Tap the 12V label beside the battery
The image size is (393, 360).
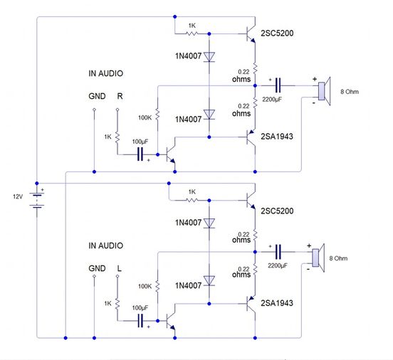pos(16,196)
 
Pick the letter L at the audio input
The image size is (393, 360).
pos(119,269)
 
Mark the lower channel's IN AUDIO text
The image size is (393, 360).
pos(105,245)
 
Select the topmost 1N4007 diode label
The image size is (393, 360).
pos(188,55)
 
